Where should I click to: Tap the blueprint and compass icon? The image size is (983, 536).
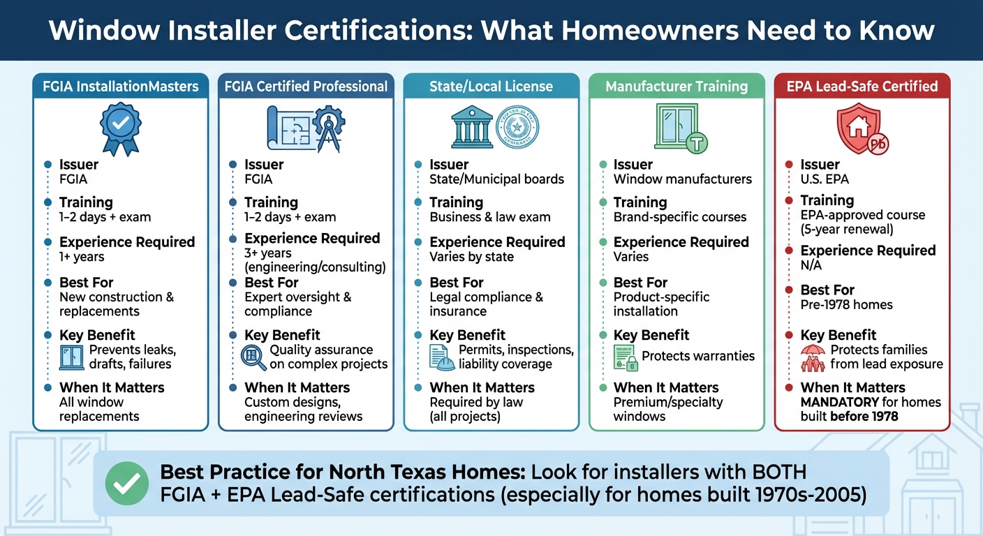tap(305, 128)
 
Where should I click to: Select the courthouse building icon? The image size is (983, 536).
tap(472, 127)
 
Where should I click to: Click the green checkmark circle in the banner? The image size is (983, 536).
tap(127, 482)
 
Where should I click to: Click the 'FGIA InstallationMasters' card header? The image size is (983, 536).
tap(121, 87)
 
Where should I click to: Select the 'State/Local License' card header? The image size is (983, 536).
tap(491, 87)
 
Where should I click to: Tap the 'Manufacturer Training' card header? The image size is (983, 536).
tap(676, 87)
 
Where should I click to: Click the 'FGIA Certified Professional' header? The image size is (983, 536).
tap(306, 87)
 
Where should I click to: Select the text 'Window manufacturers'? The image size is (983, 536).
tap(682, 179)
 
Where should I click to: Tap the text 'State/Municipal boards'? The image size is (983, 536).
tap(496, 179)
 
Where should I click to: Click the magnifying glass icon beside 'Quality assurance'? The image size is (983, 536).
tap(253, 357)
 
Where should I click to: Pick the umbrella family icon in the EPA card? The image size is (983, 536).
tap(813, 357)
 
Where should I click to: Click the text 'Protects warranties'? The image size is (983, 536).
tap(698, 356)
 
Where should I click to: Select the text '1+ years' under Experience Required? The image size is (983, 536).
tap(82, 257)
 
